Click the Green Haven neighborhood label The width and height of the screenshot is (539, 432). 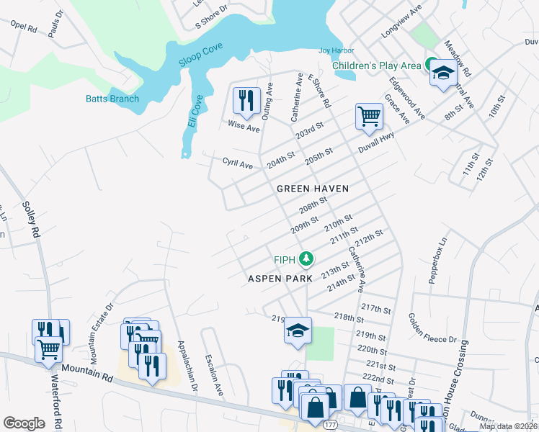tap(313, 189)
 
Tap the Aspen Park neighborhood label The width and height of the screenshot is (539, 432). tap(280, 278)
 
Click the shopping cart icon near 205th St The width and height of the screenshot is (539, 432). tap(369, 116)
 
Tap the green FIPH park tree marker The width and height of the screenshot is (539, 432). tap(307, 258)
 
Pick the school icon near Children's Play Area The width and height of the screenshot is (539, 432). tap(442, 73)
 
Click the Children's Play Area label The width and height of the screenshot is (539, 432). tap(376, 66)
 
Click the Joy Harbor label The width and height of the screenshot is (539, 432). tap(337, 50)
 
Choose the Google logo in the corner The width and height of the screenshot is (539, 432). tap(24, 423)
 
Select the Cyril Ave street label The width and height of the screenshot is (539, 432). tap(237, 164)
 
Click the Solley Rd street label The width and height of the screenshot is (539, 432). tap(31, 220)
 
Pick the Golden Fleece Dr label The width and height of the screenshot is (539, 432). tap(433, 328)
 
